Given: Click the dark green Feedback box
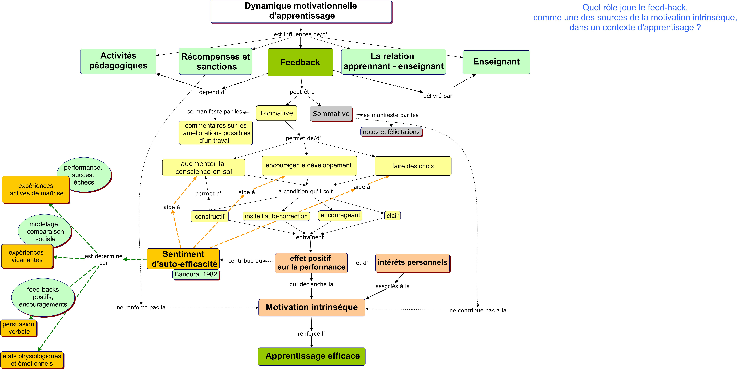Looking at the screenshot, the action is pos(300,62).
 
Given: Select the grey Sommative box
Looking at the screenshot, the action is pos(331,114).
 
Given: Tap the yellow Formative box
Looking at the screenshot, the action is pos(276,113).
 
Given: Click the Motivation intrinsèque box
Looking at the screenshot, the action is pos(312,307).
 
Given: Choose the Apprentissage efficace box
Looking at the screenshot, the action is pos(312,356).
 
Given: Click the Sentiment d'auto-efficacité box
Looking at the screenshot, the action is pos(183,259).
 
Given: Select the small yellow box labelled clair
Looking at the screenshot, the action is pos(392,216).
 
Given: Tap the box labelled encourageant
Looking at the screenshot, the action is pos(340,215).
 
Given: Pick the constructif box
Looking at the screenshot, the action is pos(209,216).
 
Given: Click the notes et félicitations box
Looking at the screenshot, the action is pos(391,132).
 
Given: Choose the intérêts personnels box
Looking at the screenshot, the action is pos(413,263).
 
